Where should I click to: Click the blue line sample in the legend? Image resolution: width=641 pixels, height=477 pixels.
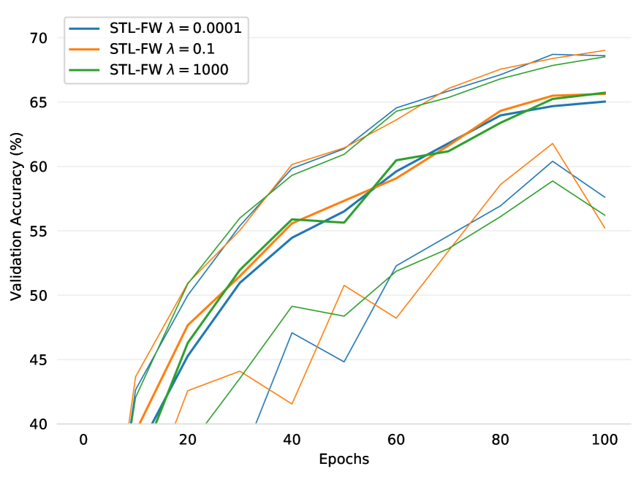[x=85, y=29]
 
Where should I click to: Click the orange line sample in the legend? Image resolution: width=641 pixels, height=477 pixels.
[x=85, y=50]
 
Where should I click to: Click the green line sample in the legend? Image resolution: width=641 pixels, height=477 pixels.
[x=85, y=70]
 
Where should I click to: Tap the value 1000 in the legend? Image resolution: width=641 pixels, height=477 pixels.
[x=211, y=70]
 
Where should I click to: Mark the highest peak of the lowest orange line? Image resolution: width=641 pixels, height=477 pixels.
[x=553, y=143]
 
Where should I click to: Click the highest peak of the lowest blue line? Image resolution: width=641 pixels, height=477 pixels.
[x=553, y=161]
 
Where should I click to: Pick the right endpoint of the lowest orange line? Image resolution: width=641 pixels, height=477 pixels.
[x=605, y=228]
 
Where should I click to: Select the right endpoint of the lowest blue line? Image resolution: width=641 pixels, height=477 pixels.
[x=605, y=197]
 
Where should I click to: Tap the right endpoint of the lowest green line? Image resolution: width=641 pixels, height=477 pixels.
[x=605, y=215]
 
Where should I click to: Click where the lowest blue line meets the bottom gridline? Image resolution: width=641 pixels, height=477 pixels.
[x=257, y=424]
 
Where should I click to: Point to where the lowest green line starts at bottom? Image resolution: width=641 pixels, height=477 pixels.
[x=206, y=424]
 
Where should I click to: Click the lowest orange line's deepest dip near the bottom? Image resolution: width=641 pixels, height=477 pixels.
[x=292, y=404]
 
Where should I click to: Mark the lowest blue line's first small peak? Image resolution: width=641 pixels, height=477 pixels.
[x=292, y=332]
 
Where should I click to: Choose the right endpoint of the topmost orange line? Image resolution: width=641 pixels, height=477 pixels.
[x=605, y=50]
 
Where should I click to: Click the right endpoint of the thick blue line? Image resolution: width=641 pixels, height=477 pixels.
[x=605, y=102]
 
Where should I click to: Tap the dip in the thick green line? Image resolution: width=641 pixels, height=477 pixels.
[x=344, y=222]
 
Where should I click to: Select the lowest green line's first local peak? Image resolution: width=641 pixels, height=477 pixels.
[x=292, y=306]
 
